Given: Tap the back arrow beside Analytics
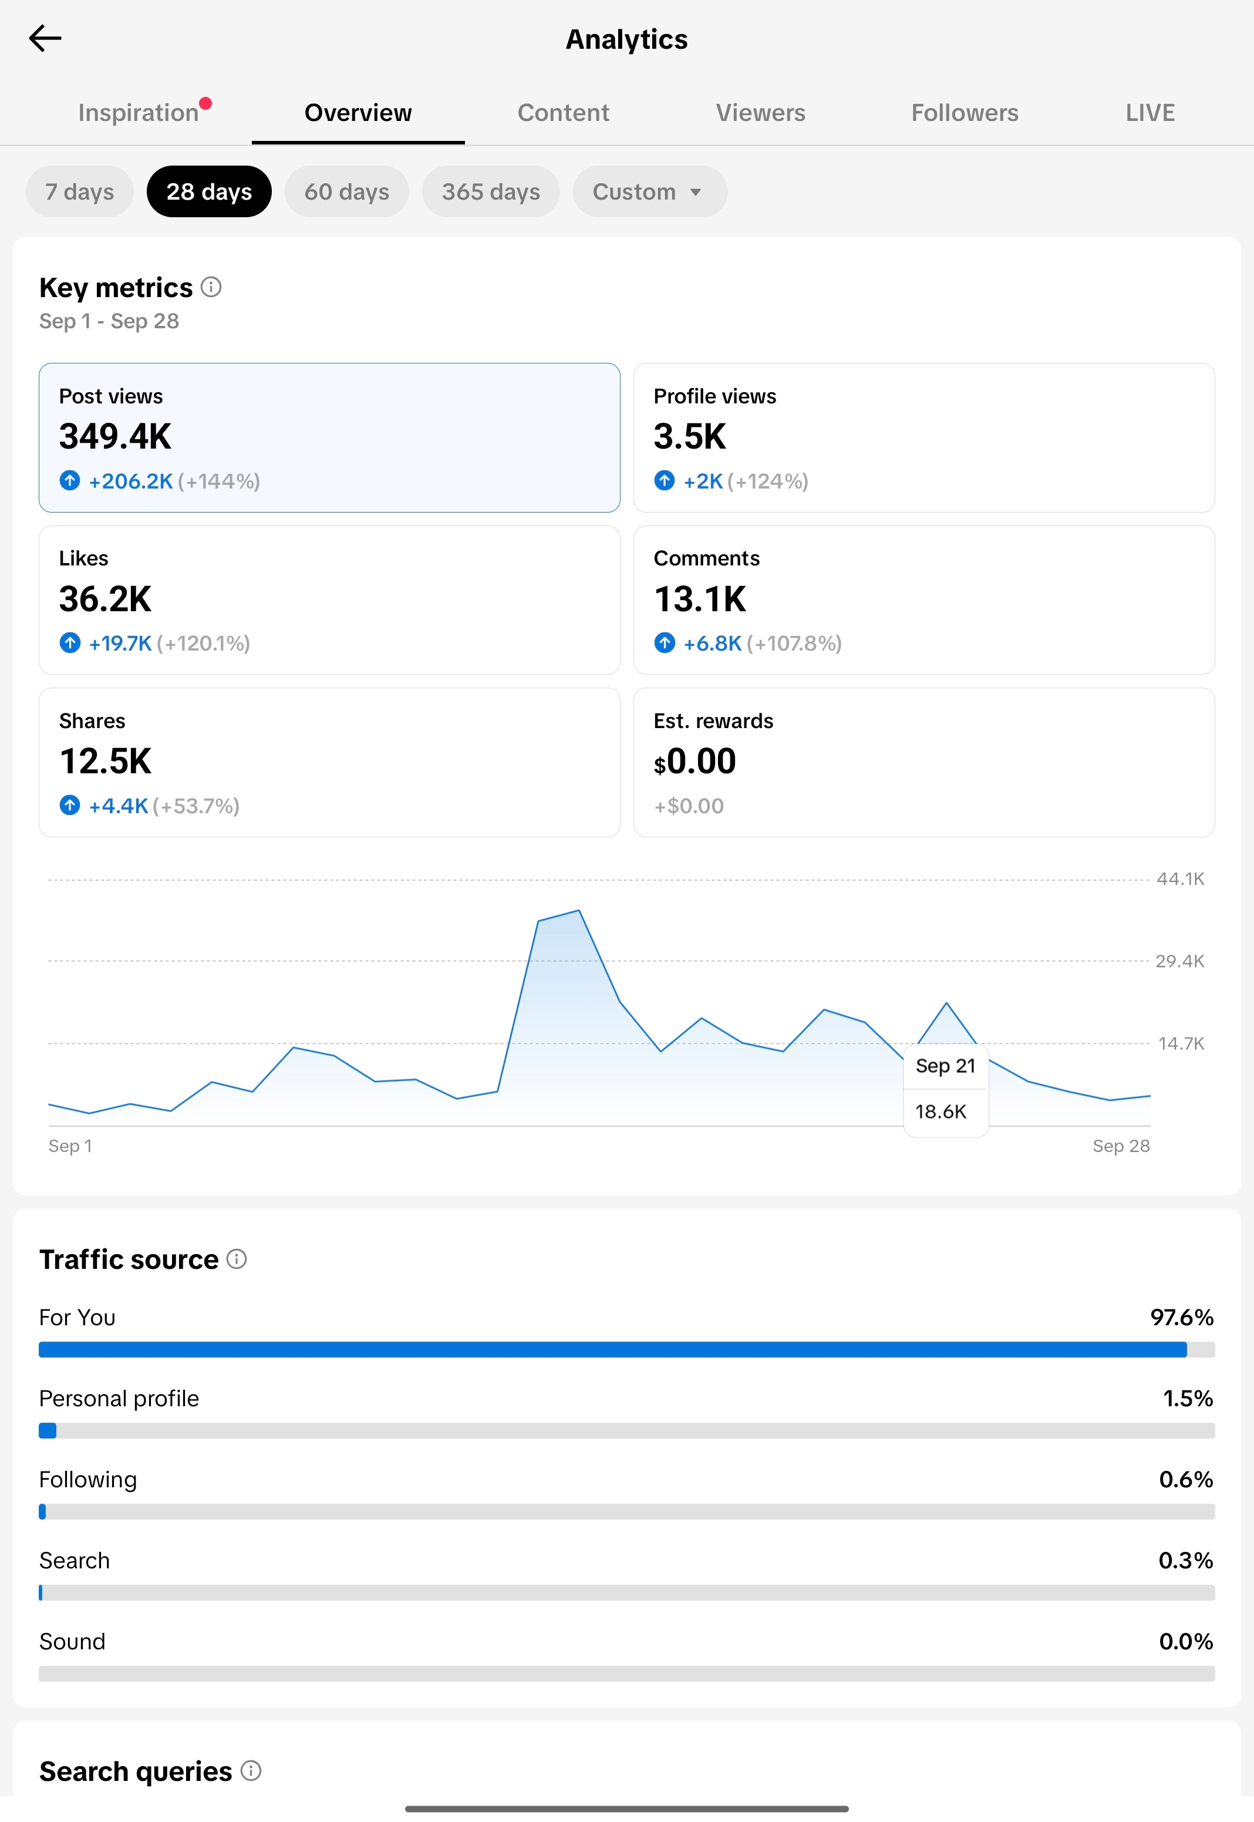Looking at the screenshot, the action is [x=45, y=38].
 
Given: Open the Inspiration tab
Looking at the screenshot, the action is [x=139, y=112].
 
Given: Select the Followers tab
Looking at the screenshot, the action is [x=964, y=112].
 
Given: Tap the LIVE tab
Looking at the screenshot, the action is [x=1149, y=112].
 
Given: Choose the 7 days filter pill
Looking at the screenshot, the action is [x=79, y=191].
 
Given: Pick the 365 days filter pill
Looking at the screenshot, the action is [x=490, y=191].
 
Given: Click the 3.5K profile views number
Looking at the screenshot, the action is [x=690, y=436].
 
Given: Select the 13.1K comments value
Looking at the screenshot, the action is [x=699, y=599].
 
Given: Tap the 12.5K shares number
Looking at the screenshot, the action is [x=105, y=762].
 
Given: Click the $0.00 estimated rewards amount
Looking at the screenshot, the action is [x=695, y=762].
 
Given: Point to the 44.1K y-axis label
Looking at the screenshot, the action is [x=1180, y=879].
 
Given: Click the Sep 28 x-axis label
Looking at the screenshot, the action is [x=1121, y=1146].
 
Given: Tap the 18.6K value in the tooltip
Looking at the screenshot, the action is [x=941, y=1112].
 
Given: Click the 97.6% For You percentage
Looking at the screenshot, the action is [x=1182, y=1318].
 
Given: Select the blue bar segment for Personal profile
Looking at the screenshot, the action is [x=48, y=1431].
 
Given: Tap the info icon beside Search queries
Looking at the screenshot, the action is [x=251, y=1771].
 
